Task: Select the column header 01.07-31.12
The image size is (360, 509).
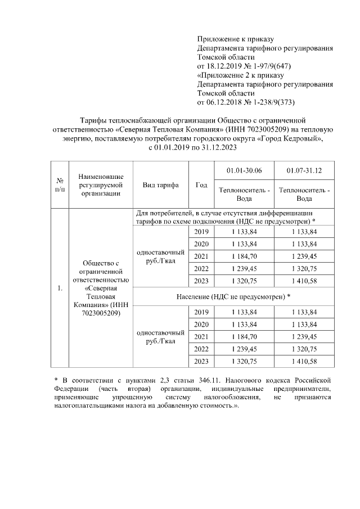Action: coord(304,170)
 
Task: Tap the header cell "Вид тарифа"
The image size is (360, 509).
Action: coord(160,185)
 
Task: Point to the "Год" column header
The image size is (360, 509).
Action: coord(201,185)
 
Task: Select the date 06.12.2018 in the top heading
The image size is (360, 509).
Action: coord(227,102)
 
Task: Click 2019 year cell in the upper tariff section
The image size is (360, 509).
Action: coord(201,232)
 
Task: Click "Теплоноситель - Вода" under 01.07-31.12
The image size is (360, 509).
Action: coord(304,195)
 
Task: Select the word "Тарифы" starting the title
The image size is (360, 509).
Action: coord(92,120)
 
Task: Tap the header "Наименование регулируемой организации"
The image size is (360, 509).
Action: coord(101,185)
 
